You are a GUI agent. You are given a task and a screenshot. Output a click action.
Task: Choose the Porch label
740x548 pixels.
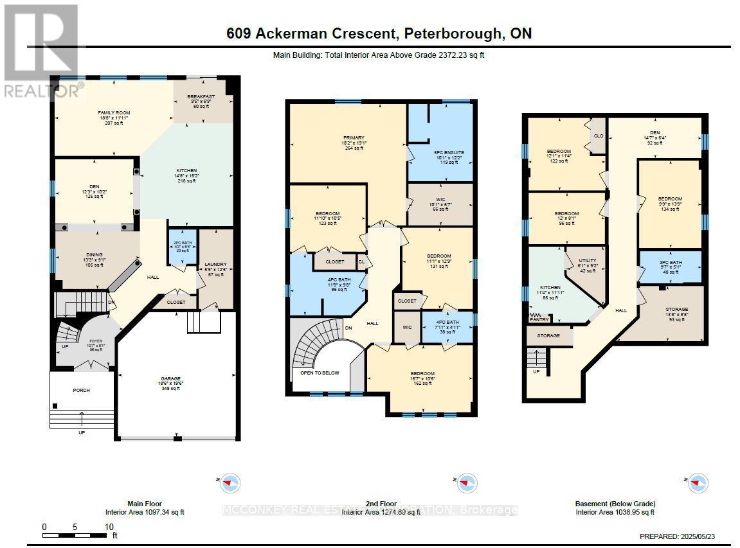pyautogui.click(x=82, y=390)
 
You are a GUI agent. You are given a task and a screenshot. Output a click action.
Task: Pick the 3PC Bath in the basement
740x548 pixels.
pyautogui.click(x=670, y=263)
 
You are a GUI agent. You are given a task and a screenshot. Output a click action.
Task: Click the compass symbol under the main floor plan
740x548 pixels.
pyautogui.click(x=230, y=482)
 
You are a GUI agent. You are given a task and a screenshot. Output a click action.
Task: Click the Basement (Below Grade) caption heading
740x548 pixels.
pyautogui.click(x=615, y=504)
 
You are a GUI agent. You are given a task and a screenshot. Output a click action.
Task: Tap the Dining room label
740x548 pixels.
pyautogui.click(x=95, y=255)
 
